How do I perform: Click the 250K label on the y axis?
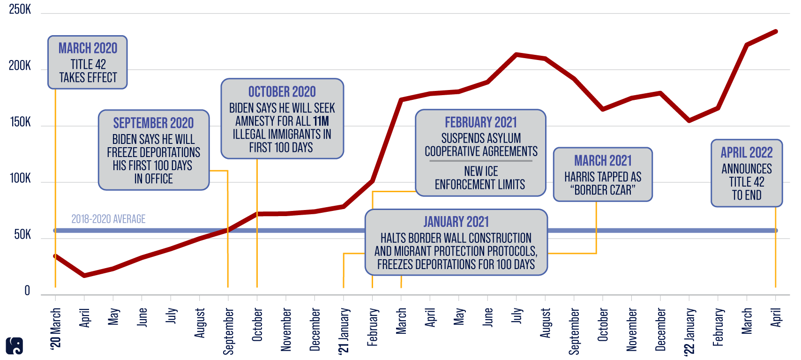(x=20, y=9)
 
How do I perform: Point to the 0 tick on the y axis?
(x=27, y=291)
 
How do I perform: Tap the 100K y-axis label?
(x=20, y=179)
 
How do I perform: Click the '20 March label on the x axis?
(x=56, y=328)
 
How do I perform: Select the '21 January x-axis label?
(x=344, y=330)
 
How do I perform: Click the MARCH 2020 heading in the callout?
(x=88, y=48)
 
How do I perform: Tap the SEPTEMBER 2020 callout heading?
(x=153, y=123)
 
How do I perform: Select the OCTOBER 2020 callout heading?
(x=282, y=92)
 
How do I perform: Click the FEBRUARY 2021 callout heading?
(x=481, y=122)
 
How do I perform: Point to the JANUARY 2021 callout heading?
(x=456, y=222)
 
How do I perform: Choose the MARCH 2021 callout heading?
(x=603, y=161)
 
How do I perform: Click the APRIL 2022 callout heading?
(x=747, y=152)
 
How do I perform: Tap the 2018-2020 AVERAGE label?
(x=108, y=219)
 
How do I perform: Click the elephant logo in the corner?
(x=15, y=346)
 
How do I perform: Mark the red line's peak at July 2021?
(x=517, y=54)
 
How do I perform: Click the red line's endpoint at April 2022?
(x=776, y=31)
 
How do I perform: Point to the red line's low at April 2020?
(x=84, y=276)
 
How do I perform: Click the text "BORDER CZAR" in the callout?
(x=603, y=190)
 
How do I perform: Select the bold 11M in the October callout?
(x=321, y=121)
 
